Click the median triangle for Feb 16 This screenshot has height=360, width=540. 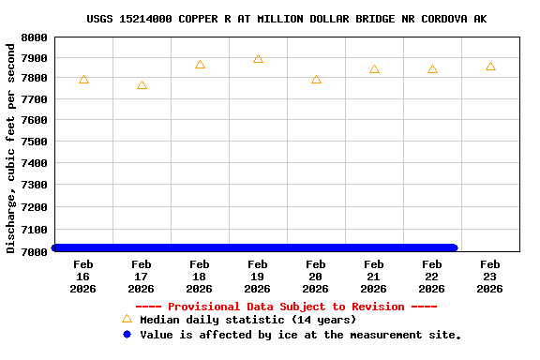coord(83,80)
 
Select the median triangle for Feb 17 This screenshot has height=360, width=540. coord(142,85)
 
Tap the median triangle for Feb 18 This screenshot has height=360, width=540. coord(200,65)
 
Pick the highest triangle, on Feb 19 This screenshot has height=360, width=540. coord(258,59)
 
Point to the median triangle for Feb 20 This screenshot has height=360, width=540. coord(316,80)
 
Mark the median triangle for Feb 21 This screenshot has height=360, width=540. coord(374,69)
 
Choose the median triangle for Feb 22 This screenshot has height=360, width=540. coord(432,69)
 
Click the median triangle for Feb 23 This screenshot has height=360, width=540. coord(490,67)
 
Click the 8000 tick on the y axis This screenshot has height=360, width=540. coord(35,37)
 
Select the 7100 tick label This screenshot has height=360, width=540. coord(35,230)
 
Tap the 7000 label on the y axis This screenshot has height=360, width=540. coord(35,251)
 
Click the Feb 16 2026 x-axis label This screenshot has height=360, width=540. coord(83,277)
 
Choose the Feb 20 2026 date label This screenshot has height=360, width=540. coord(316,277)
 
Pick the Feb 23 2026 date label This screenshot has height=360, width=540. coord(490,277)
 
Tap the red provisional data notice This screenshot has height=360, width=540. coord(286,307)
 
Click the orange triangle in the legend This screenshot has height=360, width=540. coord(127,319)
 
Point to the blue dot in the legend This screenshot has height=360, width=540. coord(127,335)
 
